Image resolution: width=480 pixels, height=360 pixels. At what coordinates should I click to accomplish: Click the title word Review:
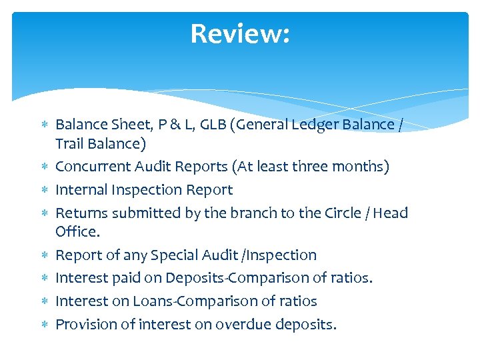tap(240, 33)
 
